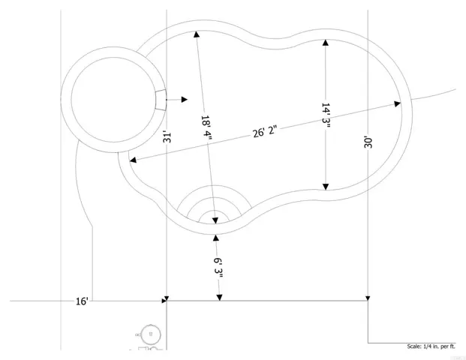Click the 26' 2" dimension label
[x=265, y=131]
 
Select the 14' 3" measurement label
[x=326, y=115]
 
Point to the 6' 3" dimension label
[x=218, y=268]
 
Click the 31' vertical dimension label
[x=167, y=137]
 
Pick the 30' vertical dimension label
[x=368, y=142]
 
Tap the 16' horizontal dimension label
[x=82, y=301]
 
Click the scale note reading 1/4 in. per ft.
[x=431, y=346]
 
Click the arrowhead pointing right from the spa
[x=185, y=100]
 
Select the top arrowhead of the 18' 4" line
[x=197, y=34]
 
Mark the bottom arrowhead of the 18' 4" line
[x=215, y=220]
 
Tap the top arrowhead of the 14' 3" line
[x=326, y=43]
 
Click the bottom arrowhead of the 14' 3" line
[x=326, y=187]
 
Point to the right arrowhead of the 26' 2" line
[x=398, y=103]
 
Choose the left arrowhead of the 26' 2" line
[x=133, y=160]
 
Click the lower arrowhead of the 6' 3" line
[x=219, y=297]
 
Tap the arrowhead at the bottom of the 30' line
[x=368, y=298]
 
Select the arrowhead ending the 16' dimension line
[x=164, y=301]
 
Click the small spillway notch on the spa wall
[x=161, y=100]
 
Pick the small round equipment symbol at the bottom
[x=151, y=334]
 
